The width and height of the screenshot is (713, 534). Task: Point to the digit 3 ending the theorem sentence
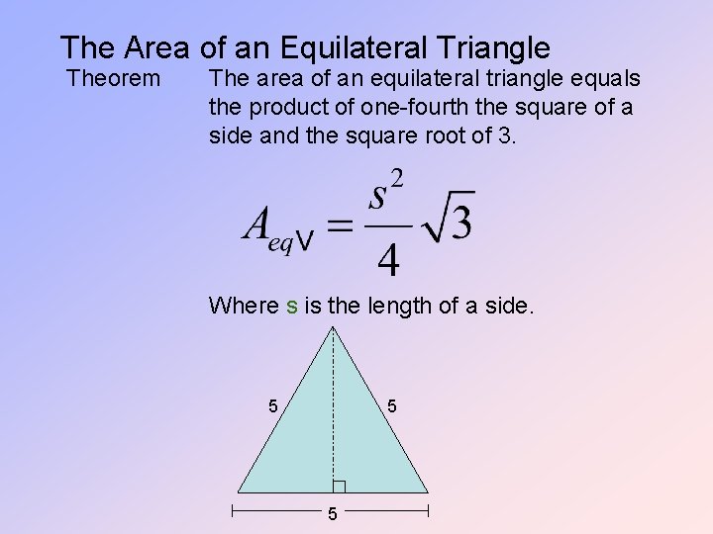click(507, 134)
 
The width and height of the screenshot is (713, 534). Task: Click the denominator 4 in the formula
click(389, 261)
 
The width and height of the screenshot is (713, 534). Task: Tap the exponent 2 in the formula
click(396, 180)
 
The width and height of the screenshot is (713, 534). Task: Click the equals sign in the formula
click(340, 225)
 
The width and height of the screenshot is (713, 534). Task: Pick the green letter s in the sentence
click(292, 307)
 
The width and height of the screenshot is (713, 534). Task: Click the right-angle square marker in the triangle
click(339, 486)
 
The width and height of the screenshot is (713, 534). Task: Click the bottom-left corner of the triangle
click(239, 491)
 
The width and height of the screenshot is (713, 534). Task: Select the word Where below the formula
click(244, 307)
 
